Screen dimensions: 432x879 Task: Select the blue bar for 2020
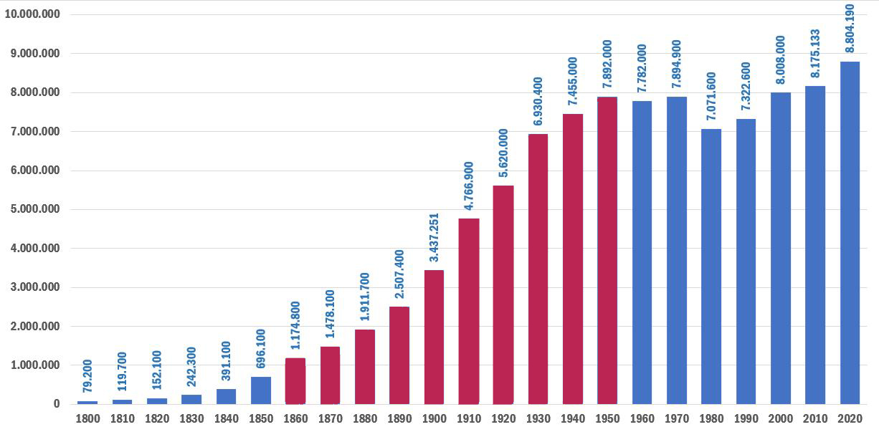[x=850, y=233]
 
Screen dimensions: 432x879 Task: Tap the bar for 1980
[x=711, y=267]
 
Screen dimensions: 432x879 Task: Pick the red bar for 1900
[x=434, y=337]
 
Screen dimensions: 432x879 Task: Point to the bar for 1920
[x=503, y=294]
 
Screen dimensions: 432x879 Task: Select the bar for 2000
[x=781, y=248]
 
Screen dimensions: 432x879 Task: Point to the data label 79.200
[x=87, y=375]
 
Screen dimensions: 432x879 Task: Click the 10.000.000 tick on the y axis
[x=32, y=15]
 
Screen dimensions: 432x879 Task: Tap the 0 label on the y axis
[x=56, y=404]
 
